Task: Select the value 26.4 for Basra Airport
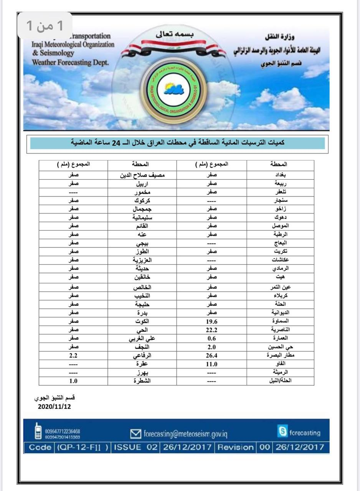(x=212, y=355)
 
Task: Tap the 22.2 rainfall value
(x=212, y=330)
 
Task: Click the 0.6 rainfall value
(x=212, y=338)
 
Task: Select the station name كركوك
(x=142, y=200)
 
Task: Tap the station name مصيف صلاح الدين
(x=142, y=175)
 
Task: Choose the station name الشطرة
(x=142, y=381)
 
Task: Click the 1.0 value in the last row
(x=73, y=381)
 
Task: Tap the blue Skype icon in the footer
(x=282, y=432)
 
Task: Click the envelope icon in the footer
(x=135, y=434)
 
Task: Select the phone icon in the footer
(x=38, y=431)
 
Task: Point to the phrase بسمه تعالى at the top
(x=175, y=34)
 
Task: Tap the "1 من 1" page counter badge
(x=45, y=25)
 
